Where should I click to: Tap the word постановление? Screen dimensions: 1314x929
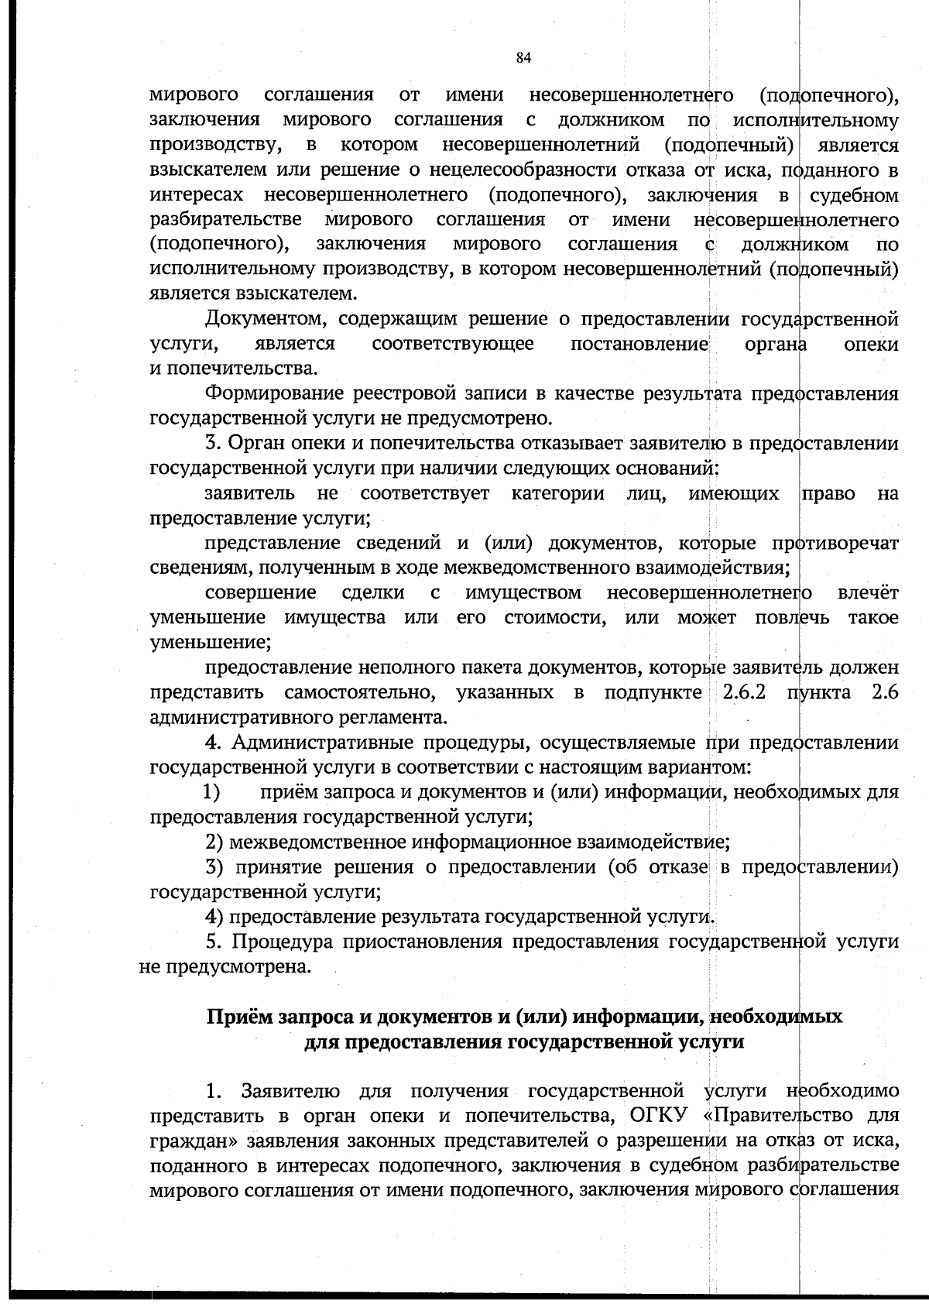click(x=640, y=344)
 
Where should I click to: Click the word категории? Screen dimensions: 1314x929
click(x=558, y=493)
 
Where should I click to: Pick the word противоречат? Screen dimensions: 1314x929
click(x=835, y=544)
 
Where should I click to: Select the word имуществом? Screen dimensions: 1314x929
click(x=524, y=593)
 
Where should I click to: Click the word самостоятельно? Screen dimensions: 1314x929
click(x=359, y=692)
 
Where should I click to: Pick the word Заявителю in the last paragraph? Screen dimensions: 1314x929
click(x=290, y=1091)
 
